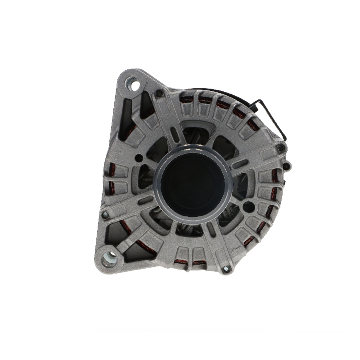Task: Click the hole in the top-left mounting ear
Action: click(x=135, y=86)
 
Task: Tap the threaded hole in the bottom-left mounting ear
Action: click(x=109, y=258)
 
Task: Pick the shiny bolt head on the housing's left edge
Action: click(x=105, y=215)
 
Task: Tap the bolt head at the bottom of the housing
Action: click(x=226, y=268)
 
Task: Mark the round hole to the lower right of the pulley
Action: click(x=248, y=207)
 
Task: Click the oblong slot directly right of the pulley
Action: click(x=240, y=165)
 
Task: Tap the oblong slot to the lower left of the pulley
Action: click(x=145, y=200)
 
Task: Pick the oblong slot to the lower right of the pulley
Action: click(x=211, y=229)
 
